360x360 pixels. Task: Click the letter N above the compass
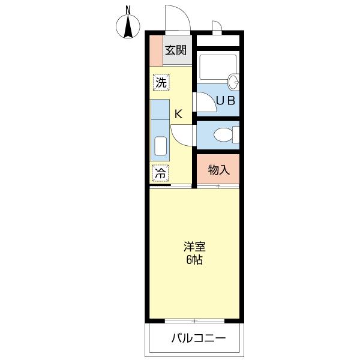tap(127, 9)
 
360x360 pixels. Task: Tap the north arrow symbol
tap(127, 27)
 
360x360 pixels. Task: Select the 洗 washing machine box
tap(160, 83)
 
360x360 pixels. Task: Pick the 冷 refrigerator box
tap(160, 173)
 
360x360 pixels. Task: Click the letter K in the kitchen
tap(178, 113)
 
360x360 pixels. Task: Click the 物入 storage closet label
tap(218, 170)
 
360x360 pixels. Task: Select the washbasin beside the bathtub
tap(233, 81)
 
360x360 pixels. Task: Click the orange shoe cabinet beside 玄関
tap(155, 50)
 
